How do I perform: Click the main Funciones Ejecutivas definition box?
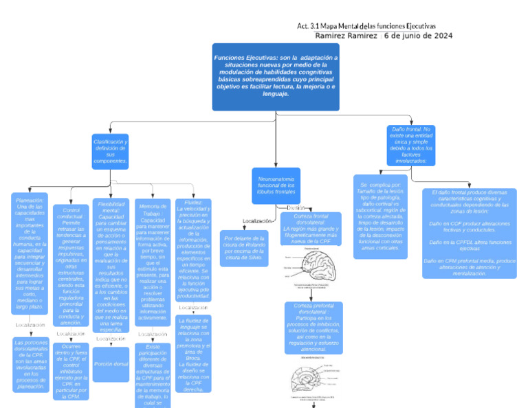coord(276,77)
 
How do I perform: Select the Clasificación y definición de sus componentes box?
coord(110,151)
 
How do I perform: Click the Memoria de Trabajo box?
coord(153,261)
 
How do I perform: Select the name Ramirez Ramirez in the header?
coord(346,36)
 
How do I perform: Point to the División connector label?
coord(296,207)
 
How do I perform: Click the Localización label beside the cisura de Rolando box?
coord(258,221)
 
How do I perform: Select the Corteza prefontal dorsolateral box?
coord(313,326)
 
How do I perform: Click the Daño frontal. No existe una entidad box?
coord(411,145)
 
